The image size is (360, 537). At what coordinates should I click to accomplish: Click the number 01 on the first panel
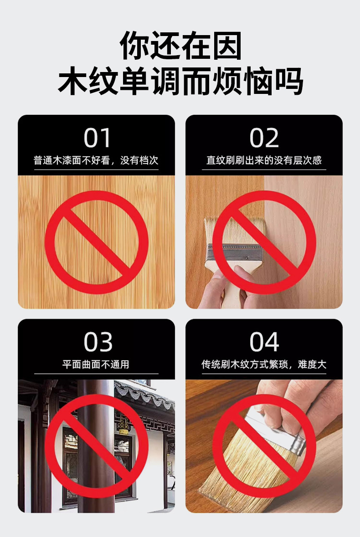(x=97, y=138)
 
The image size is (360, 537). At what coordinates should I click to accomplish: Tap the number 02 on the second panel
(x=264, y=138)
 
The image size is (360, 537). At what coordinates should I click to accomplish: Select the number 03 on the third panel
(x=98, y=342)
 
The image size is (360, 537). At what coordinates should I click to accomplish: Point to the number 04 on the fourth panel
(x=264, y=342)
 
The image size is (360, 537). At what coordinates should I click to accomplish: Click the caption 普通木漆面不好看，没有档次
(x=96, y=160)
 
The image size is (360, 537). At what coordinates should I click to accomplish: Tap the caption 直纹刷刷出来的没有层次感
(x=264, y=160)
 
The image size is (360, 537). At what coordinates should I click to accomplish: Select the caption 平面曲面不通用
(x=96, y=364)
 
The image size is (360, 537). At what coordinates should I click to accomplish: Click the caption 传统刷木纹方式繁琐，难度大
(x=264, y=364)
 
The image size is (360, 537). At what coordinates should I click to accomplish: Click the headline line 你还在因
(x=180, y=46)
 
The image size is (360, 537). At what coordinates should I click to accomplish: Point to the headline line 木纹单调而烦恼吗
(x=180, y=81)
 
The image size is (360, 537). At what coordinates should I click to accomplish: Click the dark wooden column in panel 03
(x=96, y=445)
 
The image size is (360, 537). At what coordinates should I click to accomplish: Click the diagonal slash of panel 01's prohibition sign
(x=97, y=242)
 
